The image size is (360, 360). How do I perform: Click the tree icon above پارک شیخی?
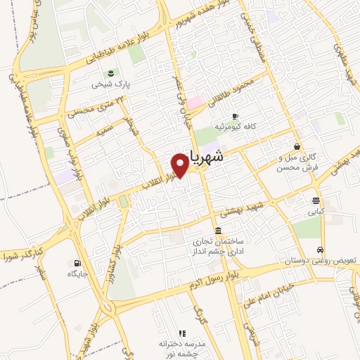coord(110,73)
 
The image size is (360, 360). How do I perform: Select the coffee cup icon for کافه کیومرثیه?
coord(234,116)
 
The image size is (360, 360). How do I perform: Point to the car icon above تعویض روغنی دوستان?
coord(321,250)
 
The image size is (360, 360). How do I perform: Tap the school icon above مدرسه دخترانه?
coord(182,333)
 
